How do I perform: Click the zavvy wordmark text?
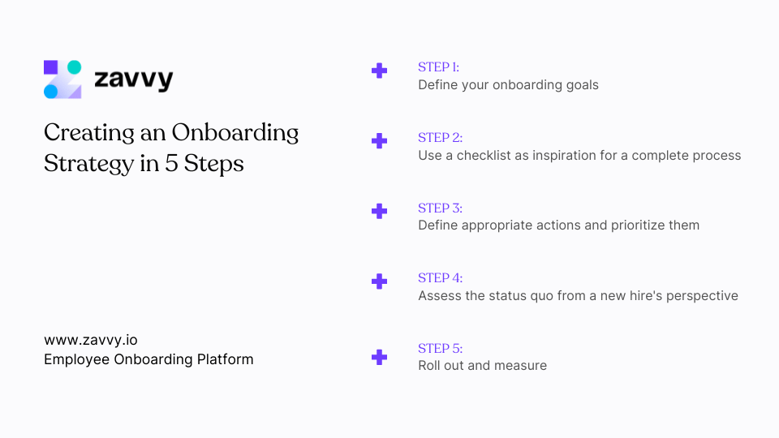click(133, 79)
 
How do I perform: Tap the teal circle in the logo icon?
click(74, 67)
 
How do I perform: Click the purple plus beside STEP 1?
click(379, 71)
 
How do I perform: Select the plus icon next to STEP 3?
click(379, 211)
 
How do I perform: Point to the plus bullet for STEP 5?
click(379, 357)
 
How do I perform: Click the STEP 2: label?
click(440, 137)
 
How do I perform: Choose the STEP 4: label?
click(440, 277)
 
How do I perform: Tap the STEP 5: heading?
click(440, 348)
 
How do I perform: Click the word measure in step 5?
click(521, 366)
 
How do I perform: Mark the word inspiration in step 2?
click(569, 155)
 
